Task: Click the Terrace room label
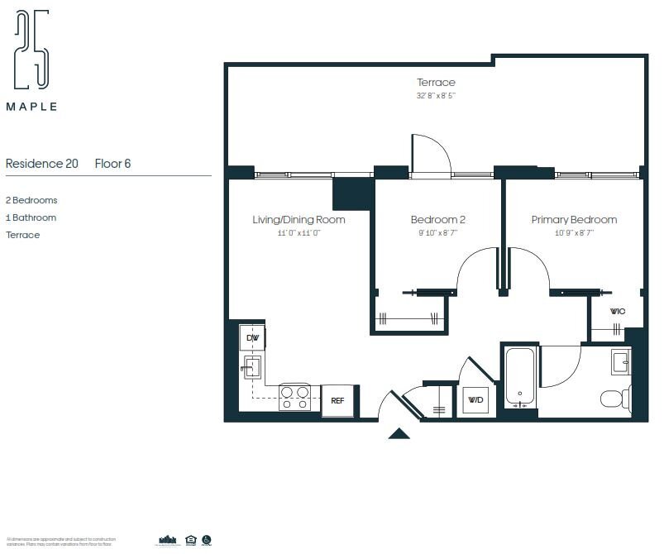[x=436, y=83]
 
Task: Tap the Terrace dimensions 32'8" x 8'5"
[x=436, y=96]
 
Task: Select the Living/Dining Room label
[x=299, y=220]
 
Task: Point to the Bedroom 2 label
[x=437, y=220]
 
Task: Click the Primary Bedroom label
[x=574, y=220]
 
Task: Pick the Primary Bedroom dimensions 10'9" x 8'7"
[x=574, y=233]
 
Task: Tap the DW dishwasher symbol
[x=252, y=337]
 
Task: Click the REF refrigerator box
[x=337, y=400]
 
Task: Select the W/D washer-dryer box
[x=475, y=401]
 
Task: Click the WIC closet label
[x=617, y=312]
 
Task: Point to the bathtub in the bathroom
[x=521, y=377]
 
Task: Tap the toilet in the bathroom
[x=615, y=399]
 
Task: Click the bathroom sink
[x=620, y=361]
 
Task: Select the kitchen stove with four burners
[x=294, y=397]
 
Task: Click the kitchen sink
[x=252, y=366]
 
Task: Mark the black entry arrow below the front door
[x=399, y=432]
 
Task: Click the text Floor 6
[x=112, y=164]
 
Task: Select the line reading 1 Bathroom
[x=31, y=217]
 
